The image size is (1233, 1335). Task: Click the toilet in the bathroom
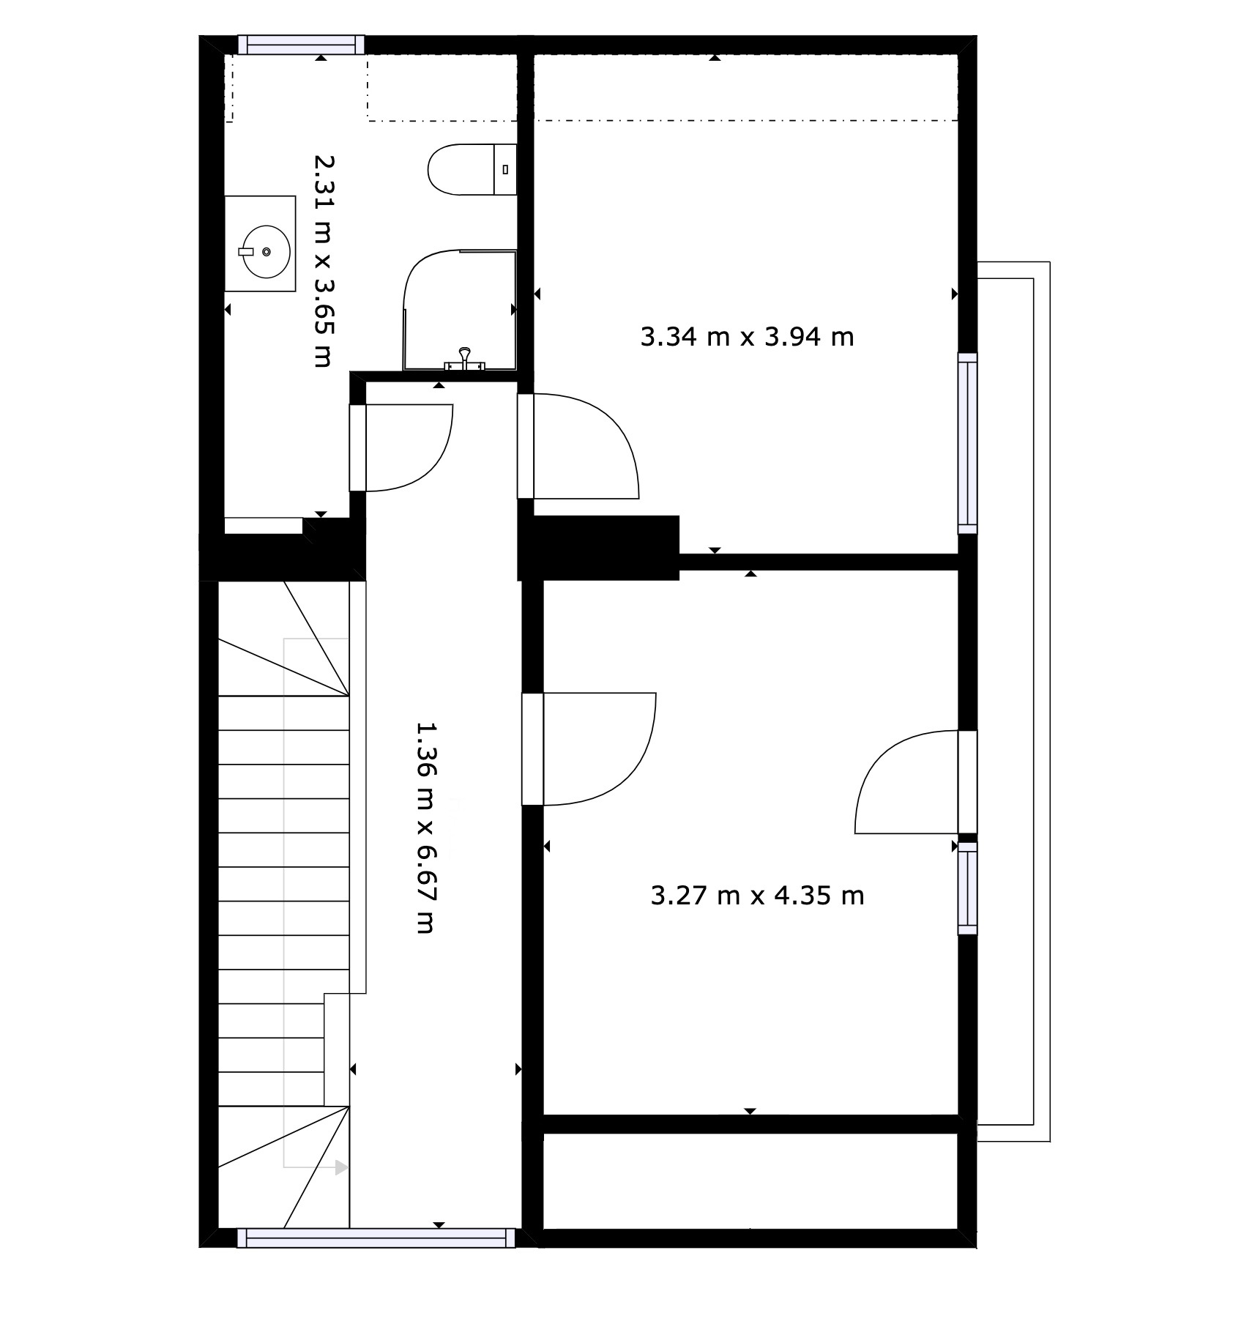[x=472, y=169]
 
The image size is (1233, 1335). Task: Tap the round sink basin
[x=265, y=252]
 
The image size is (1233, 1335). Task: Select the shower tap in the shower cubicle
[x=464, y=360]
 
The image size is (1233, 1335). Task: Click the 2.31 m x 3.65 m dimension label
[x=323, y=260]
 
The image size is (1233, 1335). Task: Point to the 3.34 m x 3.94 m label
[x=747, y=337]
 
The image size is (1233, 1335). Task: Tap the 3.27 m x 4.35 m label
[x=757, y=895]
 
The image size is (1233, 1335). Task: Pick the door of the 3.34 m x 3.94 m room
[x=578, y=446]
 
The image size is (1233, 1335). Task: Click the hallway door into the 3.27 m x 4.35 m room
[x=589, y=748]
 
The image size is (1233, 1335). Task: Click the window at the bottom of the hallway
[x=376, y=1238]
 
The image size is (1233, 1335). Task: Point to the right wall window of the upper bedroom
[x=968, y=443]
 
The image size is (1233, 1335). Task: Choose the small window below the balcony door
[x=968, y=888]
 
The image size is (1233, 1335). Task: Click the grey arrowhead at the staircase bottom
[x=341, y=1167]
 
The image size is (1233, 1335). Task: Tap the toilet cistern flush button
[x=505, y=169]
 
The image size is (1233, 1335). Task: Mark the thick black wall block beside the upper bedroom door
[x=599, y=548]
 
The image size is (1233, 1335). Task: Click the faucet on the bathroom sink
[x=247, y=251]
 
